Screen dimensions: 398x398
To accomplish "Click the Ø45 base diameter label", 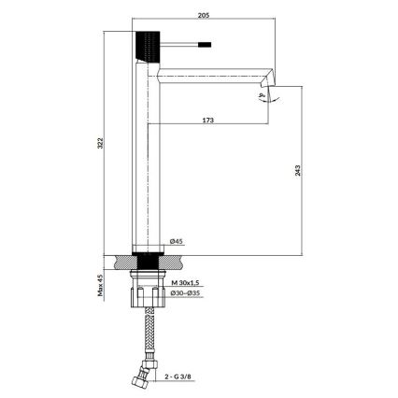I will click(x=177, y=240).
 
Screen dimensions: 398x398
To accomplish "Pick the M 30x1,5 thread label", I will click(x=186, y=280).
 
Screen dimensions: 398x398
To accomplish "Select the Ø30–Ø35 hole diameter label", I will click(x=187, y=292).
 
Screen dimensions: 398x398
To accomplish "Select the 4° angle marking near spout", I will click(x=262, y=94).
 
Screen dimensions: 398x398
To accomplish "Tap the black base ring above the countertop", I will click(x=149, y=251).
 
